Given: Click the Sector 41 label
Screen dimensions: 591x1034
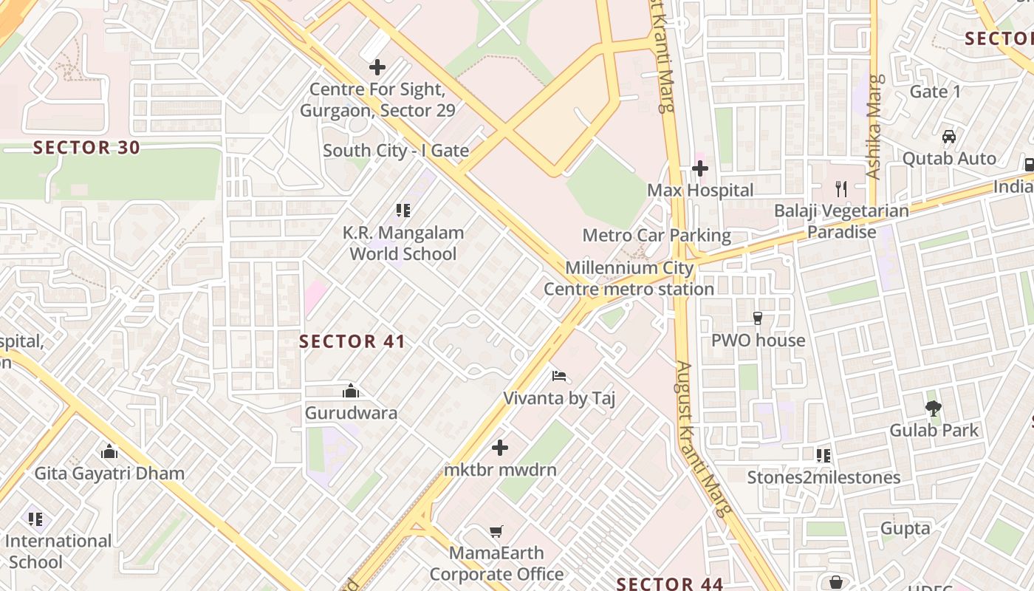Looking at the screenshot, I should (352, 341).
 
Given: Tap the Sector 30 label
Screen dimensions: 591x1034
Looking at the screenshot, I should (86, 148).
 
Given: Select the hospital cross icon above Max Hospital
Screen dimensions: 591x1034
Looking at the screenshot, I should (699, 168).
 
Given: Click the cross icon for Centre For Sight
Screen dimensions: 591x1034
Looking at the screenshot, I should (377, 67).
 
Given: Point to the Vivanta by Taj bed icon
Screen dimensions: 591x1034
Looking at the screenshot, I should (559, 376).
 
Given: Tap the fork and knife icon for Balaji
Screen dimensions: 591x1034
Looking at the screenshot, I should (841, 188).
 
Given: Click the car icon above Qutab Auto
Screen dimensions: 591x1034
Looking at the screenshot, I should (949, 137).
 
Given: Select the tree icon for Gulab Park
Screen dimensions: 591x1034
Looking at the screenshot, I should (934, 408).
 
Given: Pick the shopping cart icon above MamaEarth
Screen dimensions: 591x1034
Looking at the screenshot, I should (496, 531).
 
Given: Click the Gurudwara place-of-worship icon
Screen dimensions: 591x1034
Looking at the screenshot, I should (351, 391).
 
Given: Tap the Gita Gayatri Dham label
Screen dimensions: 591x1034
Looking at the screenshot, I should (109, 473).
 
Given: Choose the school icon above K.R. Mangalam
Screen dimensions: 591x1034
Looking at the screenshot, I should (403, 211).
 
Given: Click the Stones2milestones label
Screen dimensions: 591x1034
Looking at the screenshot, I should (824, 477).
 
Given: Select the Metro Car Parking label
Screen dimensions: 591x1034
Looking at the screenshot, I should (657, 236).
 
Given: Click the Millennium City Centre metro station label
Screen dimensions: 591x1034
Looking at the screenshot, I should (629, 279).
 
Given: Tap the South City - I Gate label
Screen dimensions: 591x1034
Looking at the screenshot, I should (396, 151).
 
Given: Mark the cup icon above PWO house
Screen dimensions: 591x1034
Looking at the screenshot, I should (757, 318).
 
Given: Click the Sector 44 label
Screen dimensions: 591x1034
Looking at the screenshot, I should (670, 584).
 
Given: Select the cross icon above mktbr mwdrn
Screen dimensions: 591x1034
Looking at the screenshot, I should (500, 448).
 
